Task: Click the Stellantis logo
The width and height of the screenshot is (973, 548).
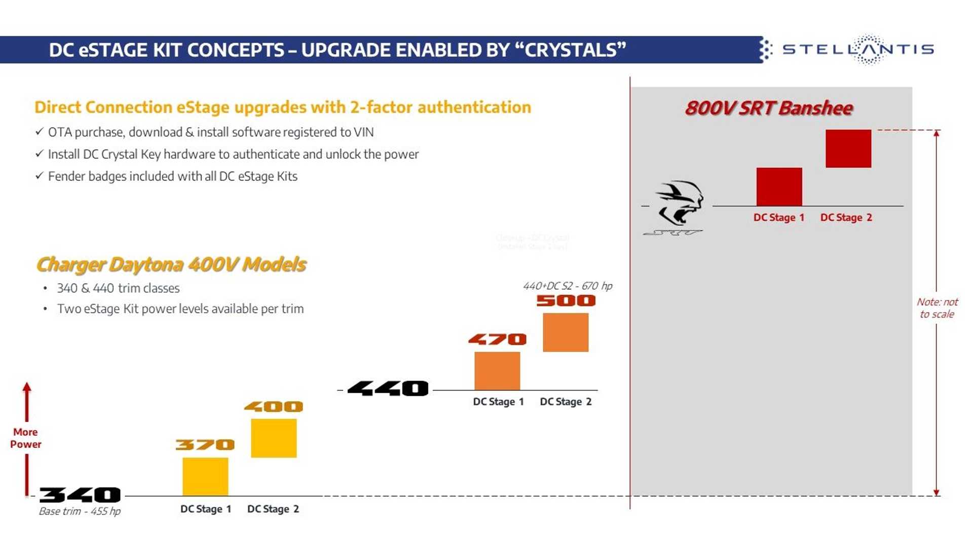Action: (857, 49)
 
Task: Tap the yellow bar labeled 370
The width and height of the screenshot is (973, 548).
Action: (205, 476)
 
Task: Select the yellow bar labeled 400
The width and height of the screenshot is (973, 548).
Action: (274, 438)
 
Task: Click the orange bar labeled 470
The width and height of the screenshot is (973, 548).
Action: (497, 371)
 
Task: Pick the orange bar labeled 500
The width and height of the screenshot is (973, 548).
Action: (566, 332)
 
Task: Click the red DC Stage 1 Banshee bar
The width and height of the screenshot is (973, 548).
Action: (779, 187)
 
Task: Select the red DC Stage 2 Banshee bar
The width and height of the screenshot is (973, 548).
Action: (848, 149)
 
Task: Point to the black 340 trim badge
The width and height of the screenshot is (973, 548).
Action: (80, 495)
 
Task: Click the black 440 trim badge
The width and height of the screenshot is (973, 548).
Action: (388, 389)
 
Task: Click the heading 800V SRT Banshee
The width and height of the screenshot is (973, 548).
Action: (769, 108)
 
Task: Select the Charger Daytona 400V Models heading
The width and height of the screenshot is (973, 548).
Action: (171, 264)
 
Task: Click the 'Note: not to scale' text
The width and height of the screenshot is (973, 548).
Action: (937, 308)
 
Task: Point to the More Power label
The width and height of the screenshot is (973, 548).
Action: (26, 438)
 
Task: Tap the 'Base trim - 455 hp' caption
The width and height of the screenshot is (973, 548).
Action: (80, 511)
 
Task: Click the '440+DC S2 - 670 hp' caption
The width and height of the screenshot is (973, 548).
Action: (568, 286)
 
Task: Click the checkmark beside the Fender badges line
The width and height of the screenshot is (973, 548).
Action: (39, 176)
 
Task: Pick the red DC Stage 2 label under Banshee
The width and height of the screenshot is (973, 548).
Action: (846, 218)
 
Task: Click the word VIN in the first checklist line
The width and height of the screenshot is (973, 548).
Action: (363, 132)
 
